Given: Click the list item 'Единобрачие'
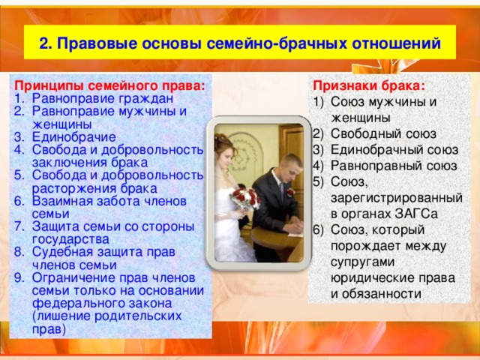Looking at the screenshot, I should point(73,137).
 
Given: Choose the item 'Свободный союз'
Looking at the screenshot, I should point(378,134).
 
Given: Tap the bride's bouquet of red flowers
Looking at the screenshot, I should point(244,198).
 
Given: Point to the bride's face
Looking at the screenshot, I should point(227,152).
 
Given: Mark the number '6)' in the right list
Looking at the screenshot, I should point(320,229).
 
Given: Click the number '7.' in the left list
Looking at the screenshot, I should point(21,226).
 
